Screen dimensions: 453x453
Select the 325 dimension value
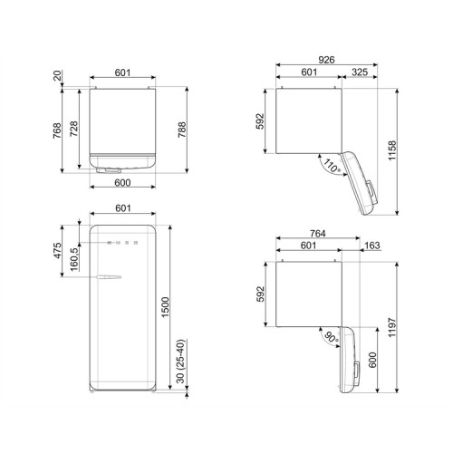[358, 72]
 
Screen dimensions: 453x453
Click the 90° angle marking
[323, 340]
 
